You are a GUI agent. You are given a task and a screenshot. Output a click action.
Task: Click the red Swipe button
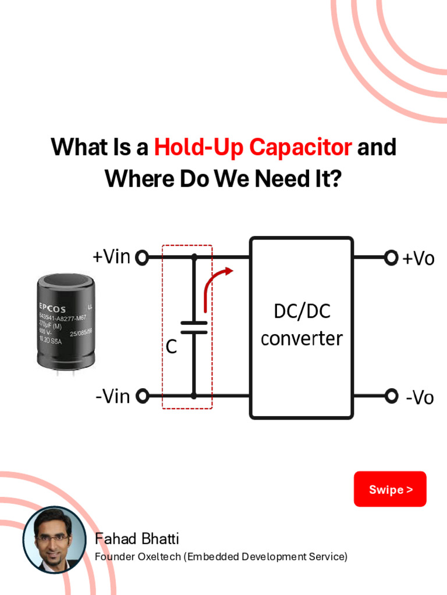pyautogui.click(x=390, y=489)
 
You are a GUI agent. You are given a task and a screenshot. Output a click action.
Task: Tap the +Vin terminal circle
pyautogui.click(x=141, y=257)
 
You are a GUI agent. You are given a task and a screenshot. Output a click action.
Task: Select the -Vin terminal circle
pyautogui.click(x=141, y=396)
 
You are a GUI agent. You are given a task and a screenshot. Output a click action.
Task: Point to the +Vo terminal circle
pyautogui.click(x=391, y=257)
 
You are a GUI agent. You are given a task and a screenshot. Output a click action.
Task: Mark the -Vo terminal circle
pyautogui.click(x=391, y=396)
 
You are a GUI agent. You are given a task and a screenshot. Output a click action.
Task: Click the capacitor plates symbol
pyautogui.click(x=194, y=327)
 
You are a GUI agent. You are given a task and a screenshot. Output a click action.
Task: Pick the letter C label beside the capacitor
pyautogui.click(x=171, y=347)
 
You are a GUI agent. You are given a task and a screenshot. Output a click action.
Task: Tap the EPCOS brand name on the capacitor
pyautogui.click(x=52, y=309)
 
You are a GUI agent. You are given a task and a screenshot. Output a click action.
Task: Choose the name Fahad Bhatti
pyautogui.click(x=137, y=538)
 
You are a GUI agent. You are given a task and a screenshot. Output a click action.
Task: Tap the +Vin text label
pyautogui.click(x=111, y=256)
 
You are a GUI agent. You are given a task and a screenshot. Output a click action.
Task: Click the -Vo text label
pyautogui.click(x=420, y=398)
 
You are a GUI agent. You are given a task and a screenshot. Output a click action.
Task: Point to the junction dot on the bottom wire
pyautogui.click(x=194, y=396)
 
